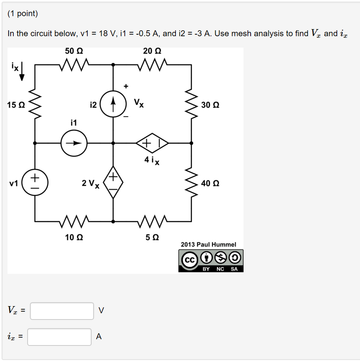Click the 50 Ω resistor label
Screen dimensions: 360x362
pyautogui.click(x=74, y=51)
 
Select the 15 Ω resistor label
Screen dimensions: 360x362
pyautogui.click(x=16, y=105)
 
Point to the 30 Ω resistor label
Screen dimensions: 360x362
pyautogui.click(x=210, y=105)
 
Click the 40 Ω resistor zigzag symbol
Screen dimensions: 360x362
pyautogui.click(x=192, y=183)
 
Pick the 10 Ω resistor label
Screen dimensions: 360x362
pyautogui.click(x=74, y=237)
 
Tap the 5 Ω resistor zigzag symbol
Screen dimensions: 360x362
pyautogui.click(x=153, y=222)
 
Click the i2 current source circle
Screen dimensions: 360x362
pyautogui.click(x=113, y=105)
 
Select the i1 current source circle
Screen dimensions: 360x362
pyautogui.click(x=74, y=143)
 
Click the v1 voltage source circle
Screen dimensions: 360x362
pyautogui.click(x=35, y=183)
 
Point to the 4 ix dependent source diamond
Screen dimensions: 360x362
pyautogui.click(x=153, y=143)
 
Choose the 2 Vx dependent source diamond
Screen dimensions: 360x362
pyautogui.click(x=113, y=183)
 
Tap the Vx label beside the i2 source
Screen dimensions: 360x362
pyautogui.click(x=138, y=103)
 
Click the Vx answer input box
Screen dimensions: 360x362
pyautogui.click(x=62, y=311)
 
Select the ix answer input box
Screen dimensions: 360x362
pyautogui.click(x=59, y=337)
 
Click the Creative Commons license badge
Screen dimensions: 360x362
pyautogui.click(x=211, y=261)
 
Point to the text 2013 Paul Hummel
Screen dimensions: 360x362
pyautogui.click(x=209, y=244)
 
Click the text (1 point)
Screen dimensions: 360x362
pyautogui.click(x=23, y=14)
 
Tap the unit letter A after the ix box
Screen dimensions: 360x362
pyautogui.click(x=99, y=337)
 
